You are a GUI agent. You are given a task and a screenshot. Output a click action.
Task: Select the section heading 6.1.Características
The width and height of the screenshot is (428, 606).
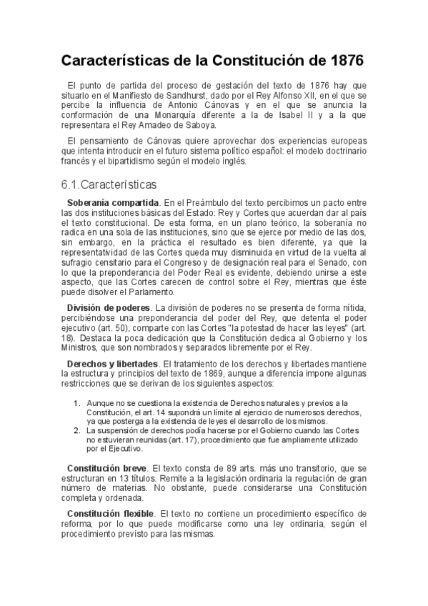109,184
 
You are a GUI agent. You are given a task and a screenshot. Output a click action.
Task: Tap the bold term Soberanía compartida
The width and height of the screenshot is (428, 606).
113,203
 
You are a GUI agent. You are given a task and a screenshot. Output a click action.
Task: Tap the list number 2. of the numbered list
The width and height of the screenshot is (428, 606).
77,431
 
